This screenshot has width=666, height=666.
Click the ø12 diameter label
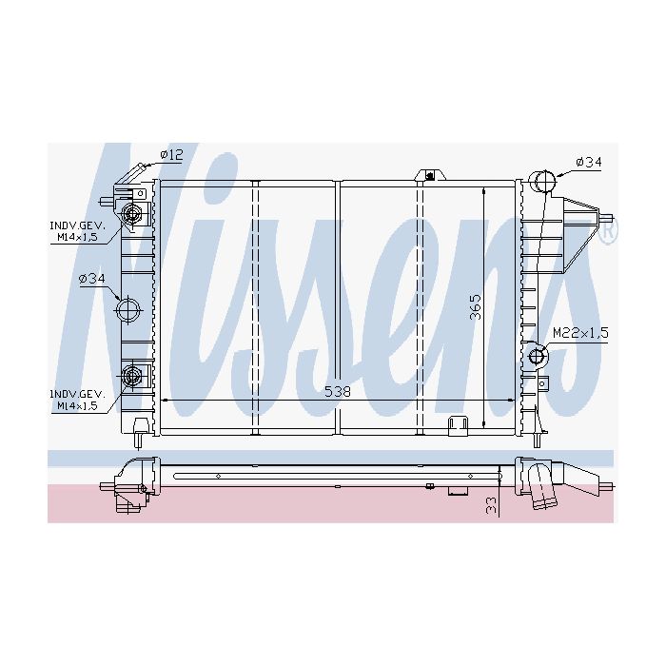(172, 154)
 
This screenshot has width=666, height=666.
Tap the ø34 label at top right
(589, 162)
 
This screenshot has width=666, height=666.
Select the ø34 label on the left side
(91, 279)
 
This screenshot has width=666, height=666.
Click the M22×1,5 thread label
(580, 332)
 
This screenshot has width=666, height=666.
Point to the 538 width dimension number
(338, 392)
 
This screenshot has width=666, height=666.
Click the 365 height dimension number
(476, 306)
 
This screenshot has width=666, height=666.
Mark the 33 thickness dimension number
(491, 506)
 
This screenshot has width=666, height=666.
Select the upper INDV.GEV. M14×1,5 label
(77, 231)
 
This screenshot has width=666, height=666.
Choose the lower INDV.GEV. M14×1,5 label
(77, 401)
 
